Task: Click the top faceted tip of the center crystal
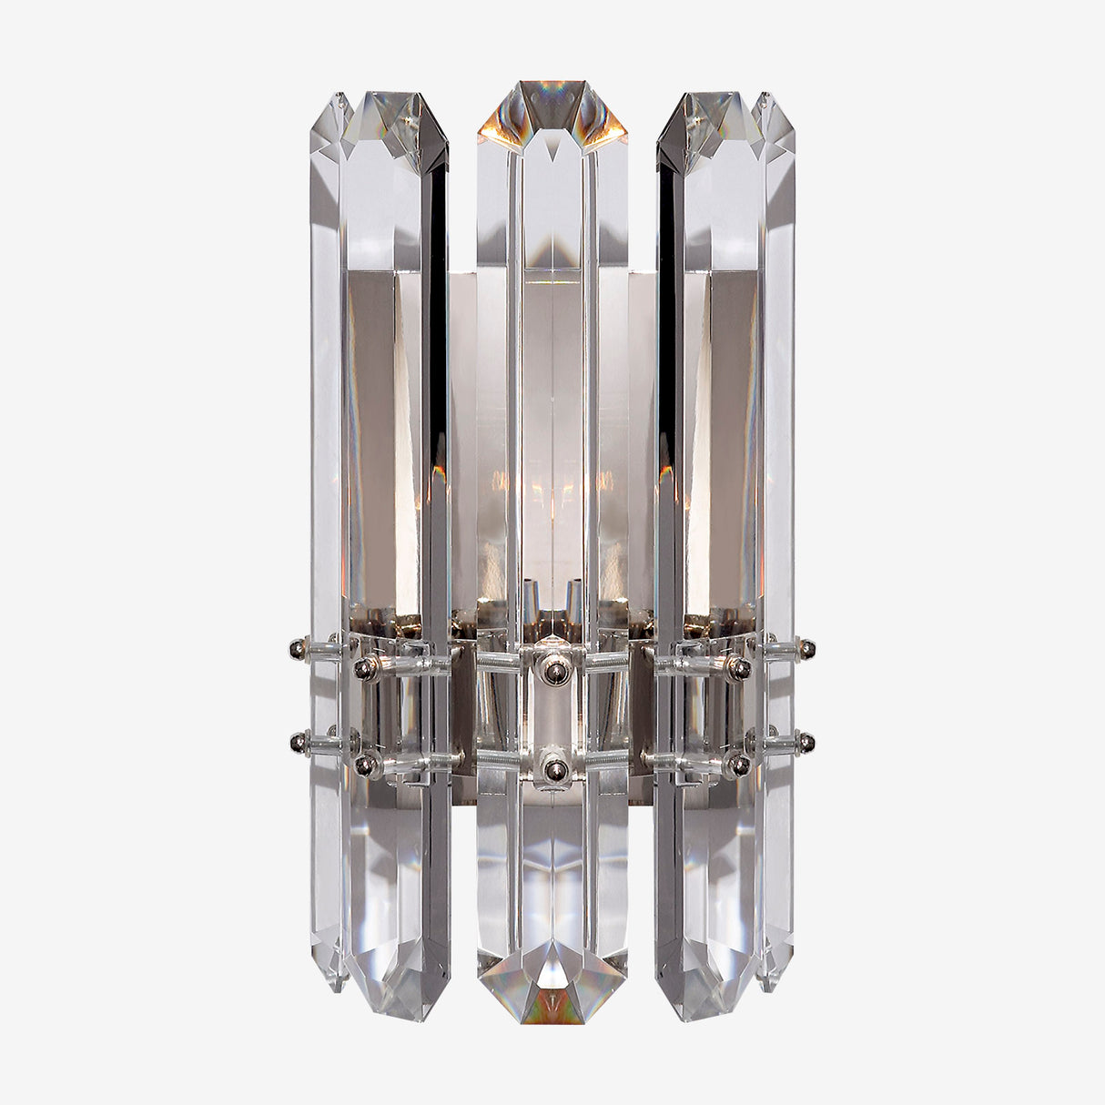click(552, 109)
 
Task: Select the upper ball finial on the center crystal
click(552, 671)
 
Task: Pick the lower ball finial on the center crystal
click(552, 771)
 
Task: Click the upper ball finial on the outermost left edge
click(297, 649)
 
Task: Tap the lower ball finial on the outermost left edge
click(297, 743)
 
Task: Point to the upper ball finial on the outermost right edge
click(806, 649)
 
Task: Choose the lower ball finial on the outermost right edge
click(806, 743)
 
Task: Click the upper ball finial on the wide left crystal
click(366, 669)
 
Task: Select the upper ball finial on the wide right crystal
click(739, 669)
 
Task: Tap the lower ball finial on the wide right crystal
click(739, 766)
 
